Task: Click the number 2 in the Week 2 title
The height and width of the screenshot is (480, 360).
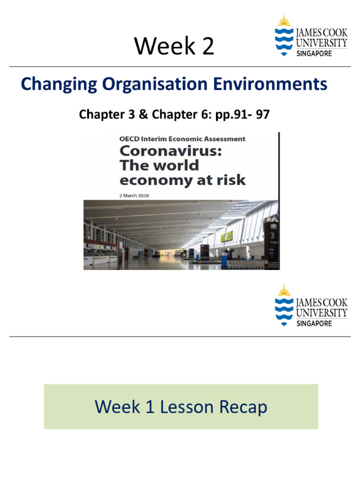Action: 207,46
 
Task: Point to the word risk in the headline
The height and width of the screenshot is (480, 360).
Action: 232,180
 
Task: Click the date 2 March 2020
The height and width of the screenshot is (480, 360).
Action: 134,195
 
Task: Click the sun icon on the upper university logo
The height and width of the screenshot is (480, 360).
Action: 284,21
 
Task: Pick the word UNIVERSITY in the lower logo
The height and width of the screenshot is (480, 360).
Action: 322,313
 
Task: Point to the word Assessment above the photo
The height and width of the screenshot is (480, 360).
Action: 222,139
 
